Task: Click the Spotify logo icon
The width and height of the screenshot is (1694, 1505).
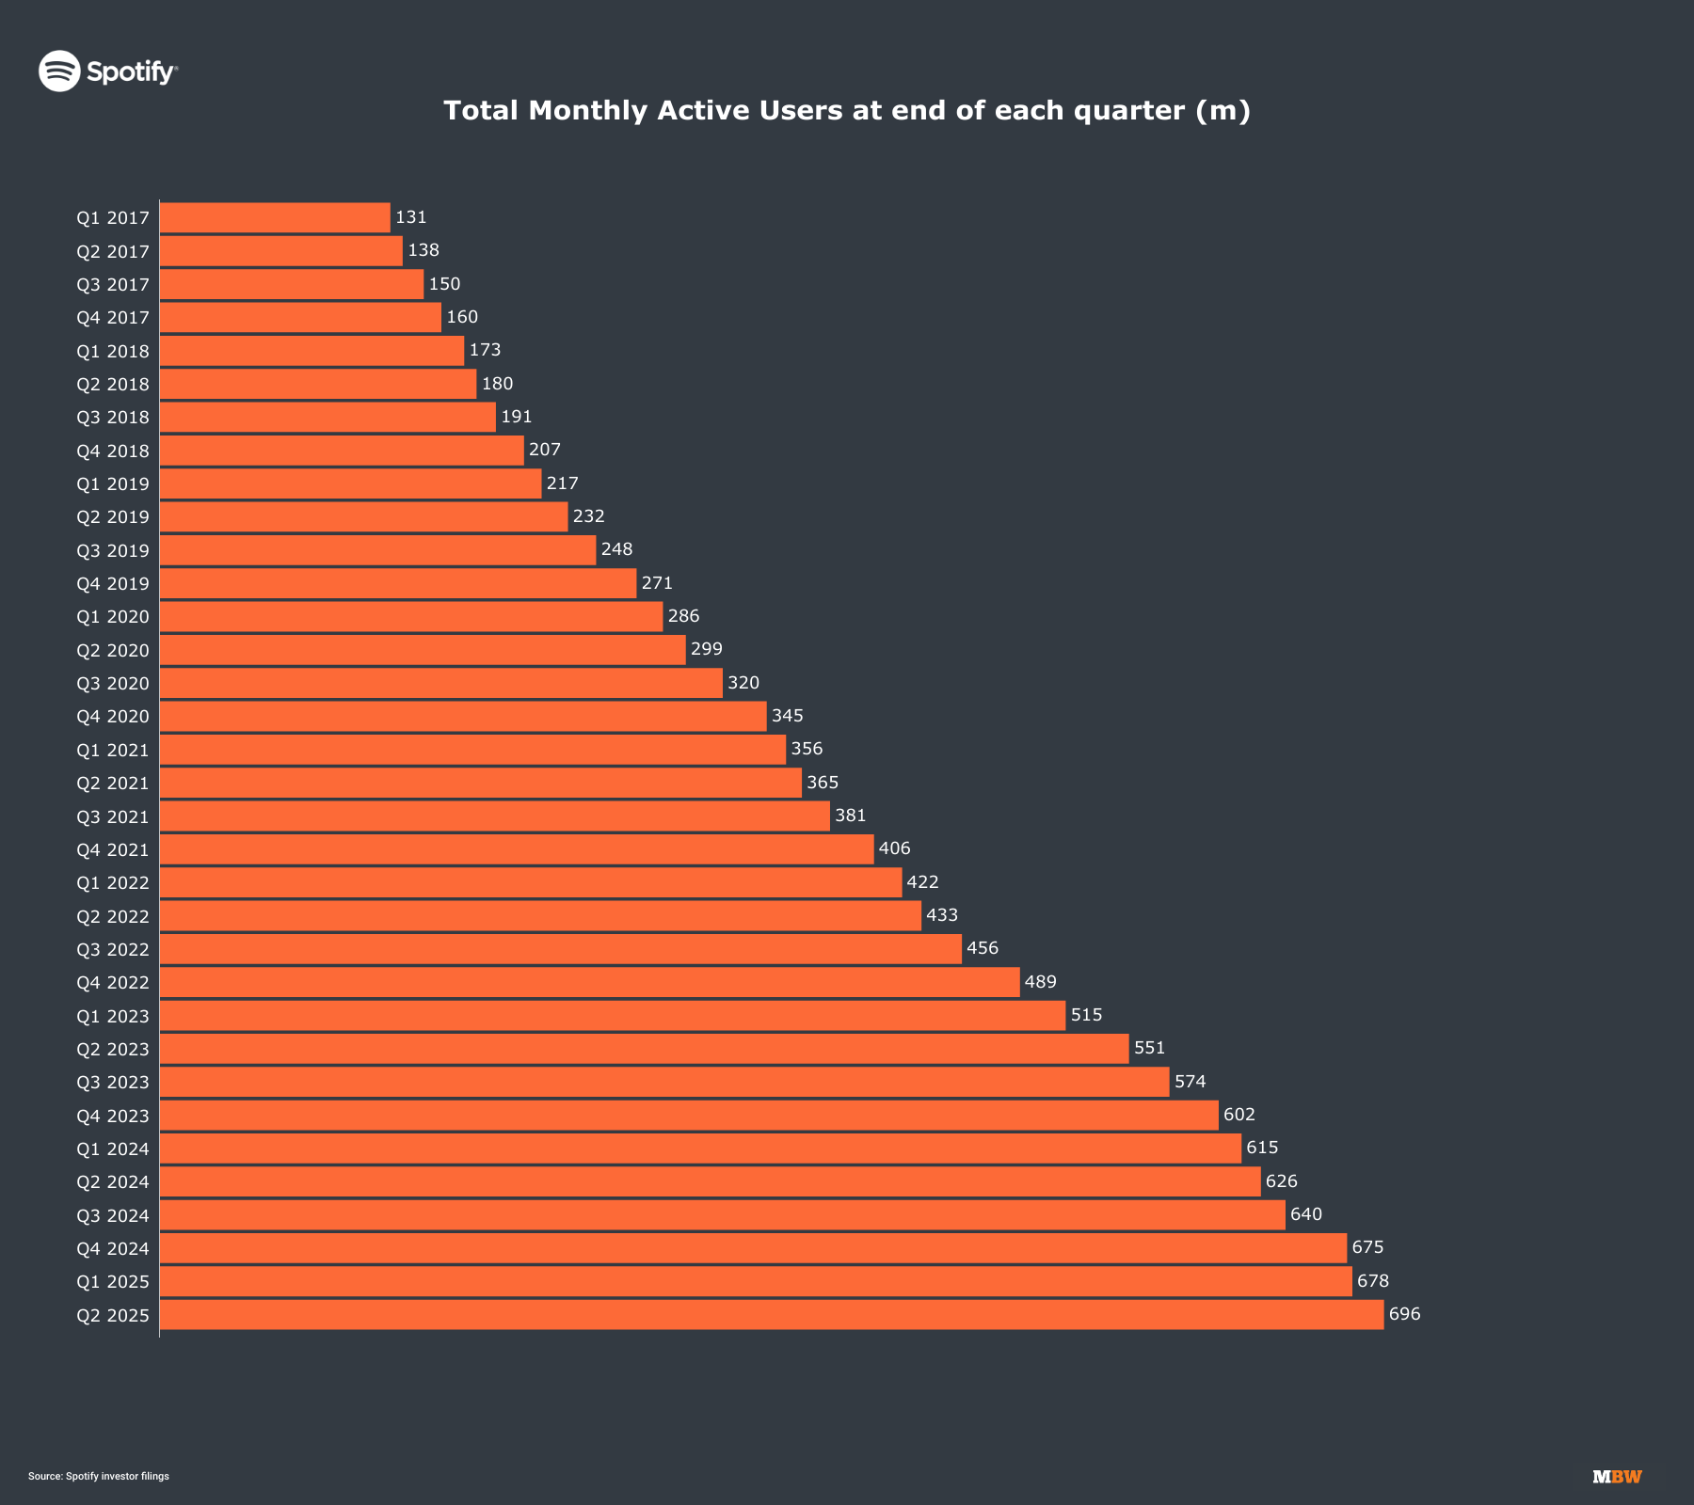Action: pyautogui.click(x=59, y=71)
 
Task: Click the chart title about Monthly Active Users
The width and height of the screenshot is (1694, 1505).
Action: pyautogui.click(x=847, y=111)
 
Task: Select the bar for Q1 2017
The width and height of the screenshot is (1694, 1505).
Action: pyautogui.click(x=275, y=217)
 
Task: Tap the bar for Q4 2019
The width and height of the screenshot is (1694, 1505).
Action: pyautogui.click(x=398, y=583)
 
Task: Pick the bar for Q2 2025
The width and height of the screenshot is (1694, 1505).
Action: pyautogui.click(x=772, y=1315)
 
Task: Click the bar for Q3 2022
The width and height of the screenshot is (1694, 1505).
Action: pyautogui.click(x=561, y=949)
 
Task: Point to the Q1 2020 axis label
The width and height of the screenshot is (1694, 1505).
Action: pyautogui.click(x=113, y=617)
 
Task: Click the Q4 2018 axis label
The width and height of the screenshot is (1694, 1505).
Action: pyautogui.click(x=113, y=451)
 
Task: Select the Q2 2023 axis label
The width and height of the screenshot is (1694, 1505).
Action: pyautogui.click(x=113, y=1049)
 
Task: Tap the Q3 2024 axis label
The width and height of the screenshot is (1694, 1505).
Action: pyautogui.click(x=113, y=1215)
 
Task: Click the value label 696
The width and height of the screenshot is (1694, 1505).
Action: pyautogui.click(x=1405, y=1314)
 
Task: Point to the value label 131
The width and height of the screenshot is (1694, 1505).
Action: pyautogui.click(x=411, y=217)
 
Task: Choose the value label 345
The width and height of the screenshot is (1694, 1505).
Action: pyautogui.click(x=788, y=716)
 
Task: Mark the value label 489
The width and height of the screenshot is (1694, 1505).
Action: pyautogui.click(x=1041, y=982)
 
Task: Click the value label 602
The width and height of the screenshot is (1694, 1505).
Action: pyautogui.click(x=1239, y=1115)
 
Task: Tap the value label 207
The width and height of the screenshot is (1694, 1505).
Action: pyautogui.click(x=545, y=450)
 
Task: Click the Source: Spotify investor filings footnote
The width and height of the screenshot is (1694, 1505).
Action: pyautogui.click(x=99, y=1476)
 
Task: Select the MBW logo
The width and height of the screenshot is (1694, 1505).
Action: pyautogui.click(x=1617, y=1477)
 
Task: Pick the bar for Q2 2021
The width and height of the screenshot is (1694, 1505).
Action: pyautogui.click(x=481, y=783)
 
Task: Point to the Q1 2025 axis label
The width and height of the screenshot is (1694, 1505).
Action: pyautogui.click(x=113, y=1282)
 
